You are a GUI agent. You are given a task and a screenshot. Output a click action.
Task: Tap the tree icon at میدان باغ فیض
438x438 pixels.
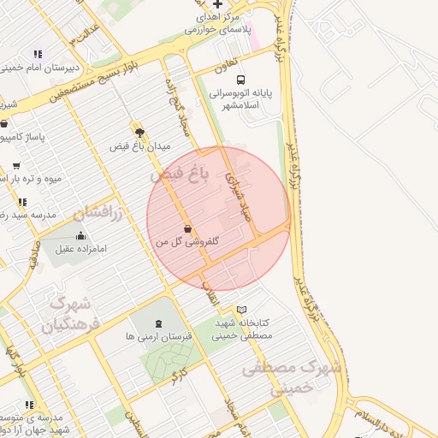139,133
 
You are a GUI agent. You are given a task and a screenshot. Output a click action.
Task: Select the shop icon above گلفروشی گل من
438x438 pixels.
187,228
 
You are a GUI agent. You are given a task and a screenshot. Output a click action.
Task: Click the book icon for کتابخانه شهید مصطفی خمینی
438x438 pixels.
242,309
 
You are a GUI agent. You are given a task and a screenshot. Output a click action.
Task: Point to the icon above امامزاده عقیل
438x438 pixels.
80,235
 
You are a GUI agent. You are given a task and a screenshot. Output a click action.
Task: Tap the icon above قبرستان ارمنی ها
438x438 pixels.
157,323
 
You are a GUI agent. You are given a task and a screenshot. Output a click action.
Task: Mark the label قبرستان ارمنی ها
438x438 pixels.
158,336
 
